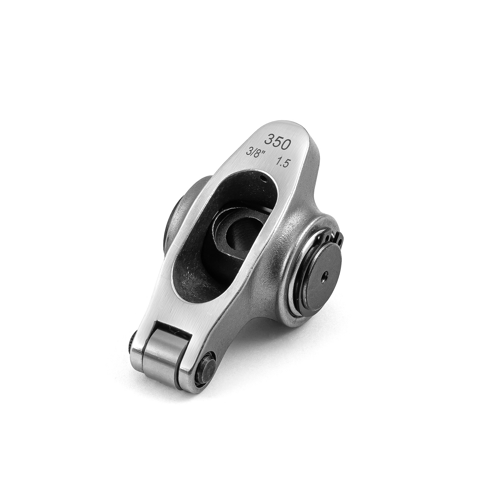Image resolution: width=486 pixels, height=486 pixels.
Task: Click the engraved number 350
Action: point(277,142)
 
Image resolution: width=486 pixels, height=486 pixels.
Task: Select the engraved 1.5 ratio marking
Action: point(282,163)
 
